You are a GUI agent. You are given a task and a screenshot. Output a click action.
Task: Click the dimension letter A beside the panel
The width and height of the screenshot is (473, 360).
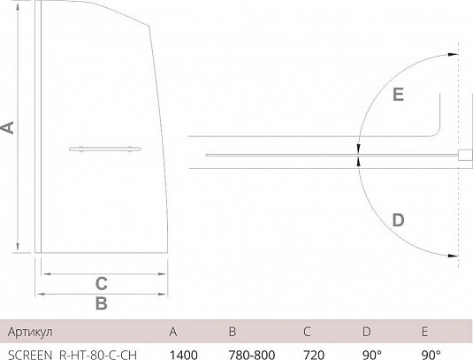pos(8,127)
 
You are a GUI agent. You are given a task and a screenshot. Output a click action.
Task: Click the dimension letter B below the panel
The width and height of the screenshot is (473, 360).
pos(102,303)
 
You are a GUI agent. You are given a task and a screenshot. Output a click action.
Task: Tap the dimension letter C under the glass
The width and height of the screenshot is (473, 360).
pos(102,284)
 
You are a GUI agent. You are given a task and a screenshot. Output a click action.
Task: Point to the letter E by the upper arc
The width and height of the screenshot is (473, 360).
pos(398,95)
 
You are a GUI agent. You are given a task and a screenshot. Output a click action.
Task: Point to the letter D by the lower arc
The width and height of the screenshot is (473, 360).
pos(398,220)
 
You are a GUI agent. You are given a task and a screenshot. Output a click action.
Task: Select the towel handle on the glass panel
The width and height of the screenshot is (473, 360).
pos(104,149)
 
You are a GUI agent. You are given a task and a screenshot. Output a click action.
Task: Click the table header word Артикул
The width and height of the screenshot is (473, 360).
pos(30,332)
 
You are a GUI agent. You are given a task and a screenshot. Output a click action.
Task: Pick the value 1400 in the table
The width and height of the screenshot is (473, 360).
pos(184,355)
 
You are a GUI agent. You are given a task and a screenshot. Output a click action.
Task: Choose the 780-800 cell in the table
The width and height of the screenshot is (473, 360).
pos(252,355)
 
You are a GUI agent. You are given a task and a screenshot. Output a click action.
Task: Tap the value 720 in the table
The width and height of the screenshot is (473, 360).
pos(314,355)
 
